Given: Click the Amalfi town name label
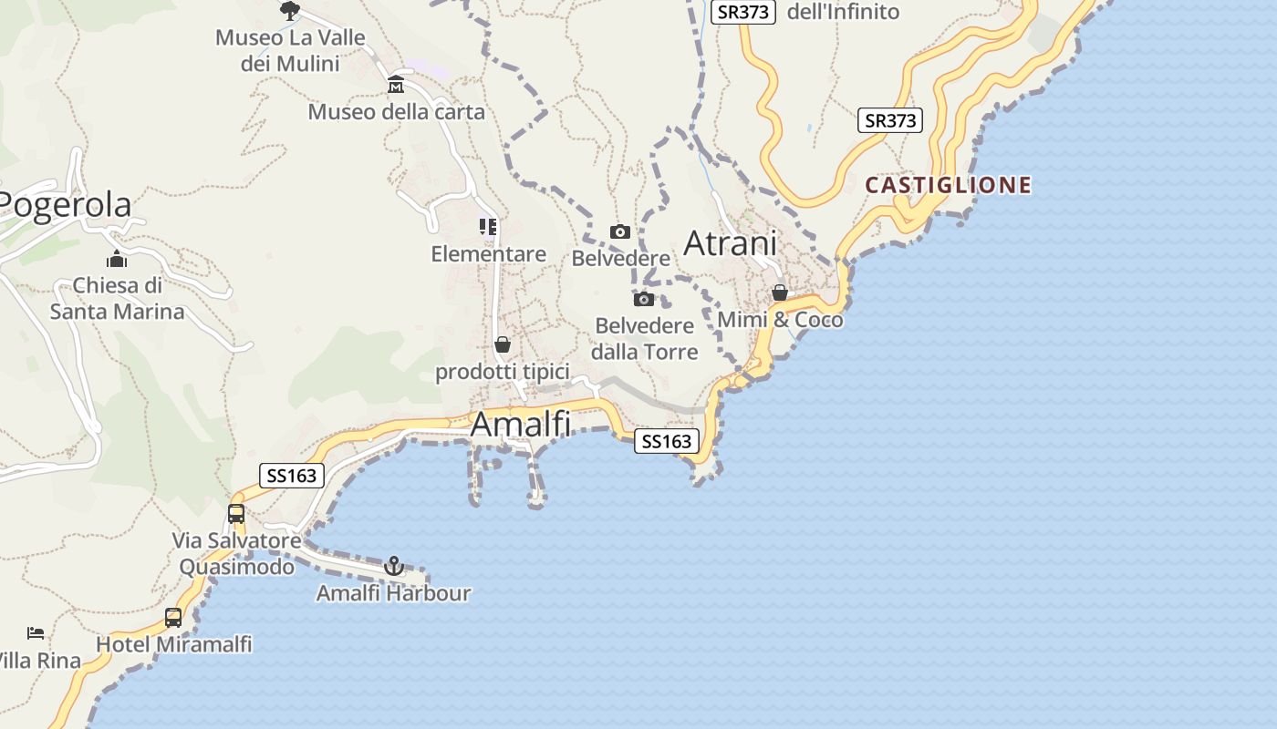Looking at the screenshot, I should [521, 425].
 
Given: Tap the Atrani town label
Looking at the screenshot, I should [730, 243].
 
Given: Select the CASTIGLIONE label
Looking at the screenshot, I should [948, 186].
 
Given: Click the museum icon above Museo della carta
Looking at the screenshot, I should [396, 85].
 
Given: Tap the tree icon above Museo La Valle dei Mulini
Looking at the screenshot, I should [290, 11].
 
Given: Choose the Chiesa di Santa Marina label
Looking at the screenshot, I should [117, 299].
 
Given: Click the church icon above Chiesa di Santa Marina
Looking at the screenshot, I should [117, 259].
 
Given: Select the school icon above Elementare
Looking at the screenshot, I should [488, 227].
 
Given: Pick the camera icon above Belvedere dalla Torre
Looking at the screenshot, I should [644, 299].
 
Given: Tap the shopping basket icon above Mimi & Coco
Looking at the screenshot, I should [780, 293].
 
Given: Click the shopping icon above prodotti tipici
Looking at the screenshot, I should [503, 344].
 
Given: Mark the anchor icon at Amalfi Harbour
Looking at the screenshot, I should [394, 566].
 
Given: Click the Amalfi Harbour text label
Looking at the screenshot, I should [393, 593].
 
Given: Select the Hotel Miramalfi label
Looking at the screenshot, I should [173, 644].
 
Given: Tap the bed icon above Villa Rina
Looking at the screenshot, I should [36, 632].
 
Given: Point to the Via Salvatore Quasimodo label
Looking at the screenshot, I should [236, 554].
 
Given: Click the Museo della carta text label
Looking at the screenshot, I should [396, 112].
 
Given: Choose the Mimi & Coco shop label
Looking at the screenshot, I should [780, 320].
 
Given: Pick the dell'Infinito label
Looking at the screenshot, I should [842, 12].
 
